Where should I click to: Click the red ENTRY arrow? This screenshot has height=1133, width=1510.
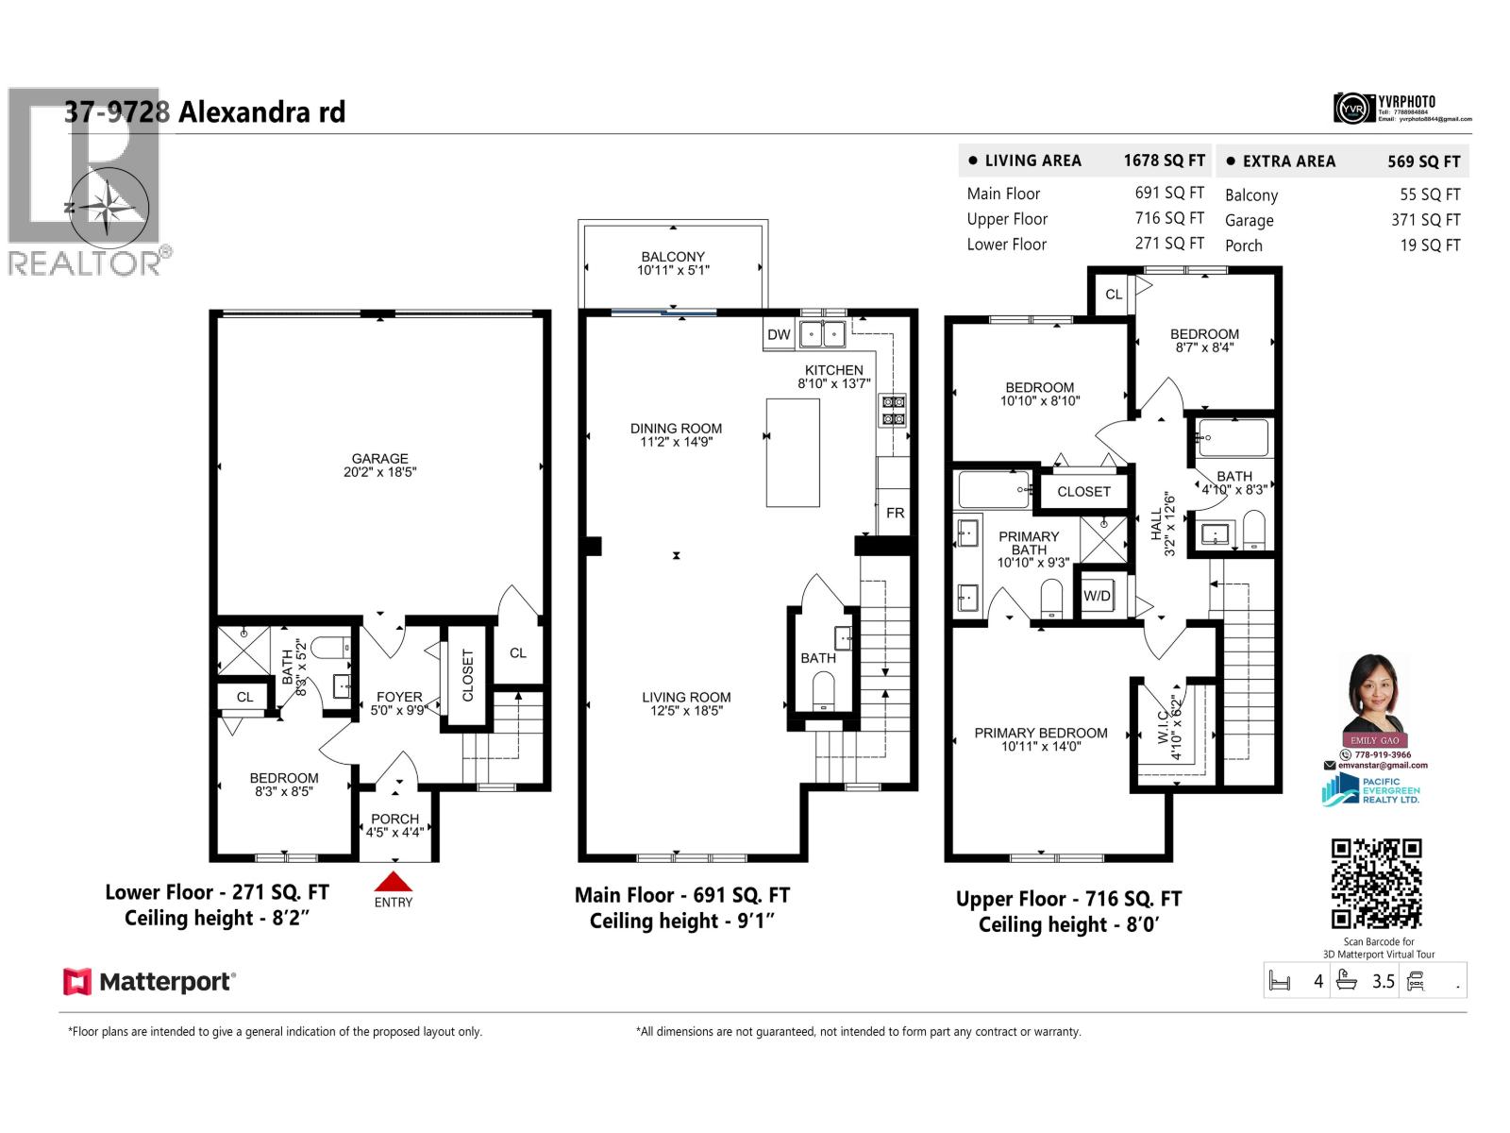tap(394, 882)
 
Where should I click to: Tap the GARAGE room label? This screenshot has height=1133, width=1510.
tap(380, 459)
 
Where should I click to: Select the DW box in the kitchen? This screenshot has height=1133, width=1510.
tap(779, 334)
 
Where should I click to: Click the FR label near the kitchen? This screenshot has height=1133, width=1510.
tap(895, 513)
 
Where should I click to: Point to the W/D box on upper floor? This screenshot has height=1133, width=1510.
tap(1097, 596)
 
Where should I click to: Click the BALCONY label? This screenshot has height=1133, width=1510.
tap(673, 257)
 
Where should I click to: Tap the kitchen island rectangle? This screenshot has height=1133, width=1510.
tap(792, 453)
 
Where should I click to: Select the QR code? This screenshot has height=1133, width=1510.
tap(1376, 884)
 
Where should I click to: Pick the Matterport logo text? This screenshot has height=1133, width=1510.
tap(166, 982)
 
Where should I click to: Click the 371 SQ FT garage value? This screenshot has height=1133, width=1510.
tap(1425, 220)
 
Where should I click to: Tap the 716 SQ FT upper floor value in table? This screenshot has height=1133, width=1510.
tap(1169, 218)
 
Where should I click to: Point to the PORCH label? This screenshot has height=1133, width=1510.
tap(395, 819)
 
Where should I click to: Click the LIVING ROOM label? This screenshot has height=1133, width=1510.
tap(686, 698)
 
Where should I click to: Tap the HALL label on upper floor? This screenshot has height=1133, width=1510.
tap(1156, 524)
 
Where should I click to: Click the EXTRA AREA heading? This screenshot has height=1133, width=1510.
tap(1288, 161)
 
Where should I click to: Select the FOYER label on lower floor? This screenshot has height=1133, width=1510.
tap(399, 697)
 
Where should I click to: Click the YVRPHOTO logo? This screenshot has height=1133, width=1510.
tap(1403, 108)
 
